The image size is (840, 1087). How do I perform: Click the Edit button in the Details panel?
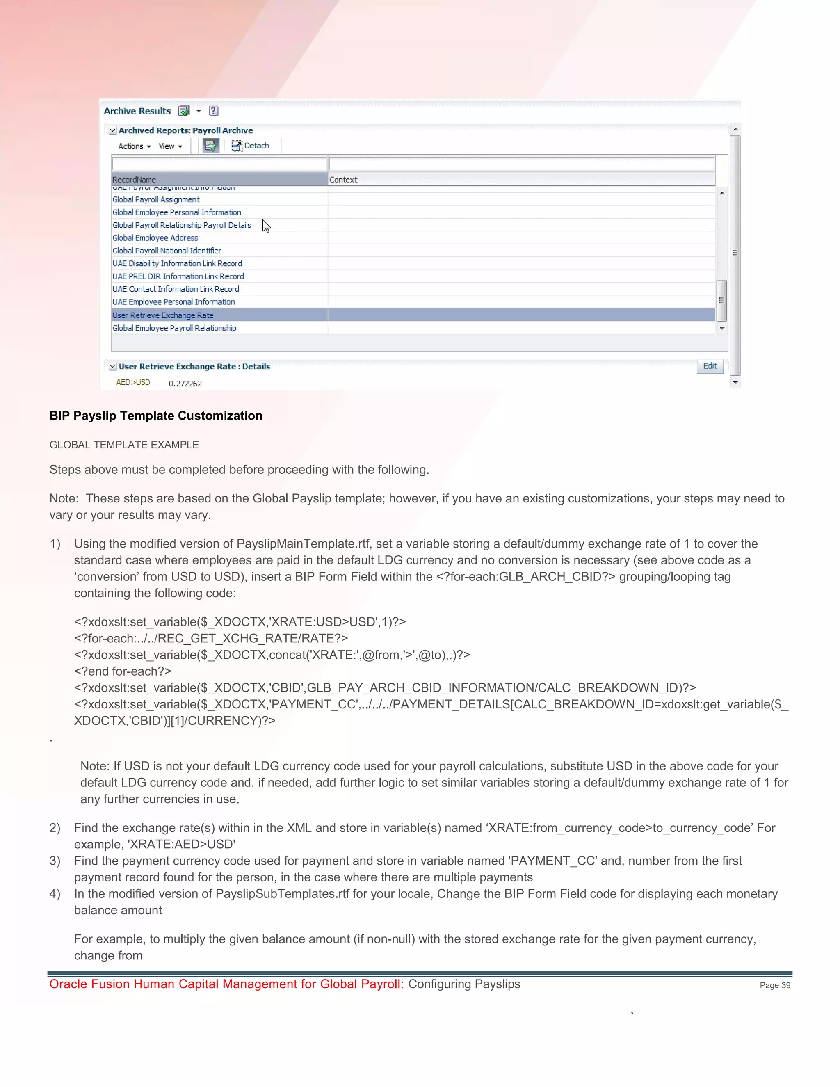coord(710,366)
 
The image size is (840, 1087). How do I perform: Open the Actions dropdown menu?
coord(134,146)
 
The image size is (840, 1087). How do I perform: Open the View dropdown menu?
coord(170,146)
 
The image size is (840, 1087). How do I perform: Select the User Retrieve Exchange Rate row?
coord(163,315)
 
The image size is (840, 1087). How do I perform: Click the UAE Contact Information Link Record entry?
coord(175,289)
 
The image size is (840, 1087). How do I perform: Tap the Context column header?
coord(343,179)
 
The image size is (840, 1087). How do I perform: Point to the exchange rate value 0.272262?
coord(185,383)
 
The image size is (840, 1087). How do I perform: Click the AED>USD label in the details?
coord(133,382)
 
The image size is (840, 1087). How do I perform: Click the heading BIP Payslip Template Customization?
coord(155,416)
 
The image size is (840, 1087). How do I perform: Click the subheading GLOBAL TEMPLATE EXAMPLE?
coord(124,445)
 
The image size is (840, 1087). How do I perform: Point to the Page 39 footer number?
coord(774,985)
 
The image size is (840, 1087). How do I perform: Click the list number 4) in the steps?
coord(55,893)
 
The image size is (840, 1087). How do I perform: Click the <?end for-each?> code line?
coord(122,671)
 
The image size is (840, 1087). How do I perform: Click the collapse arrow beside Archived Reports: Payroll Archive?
coord(113,130)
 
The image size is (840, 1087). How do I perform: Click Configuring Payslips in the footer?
coord(464,984)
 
